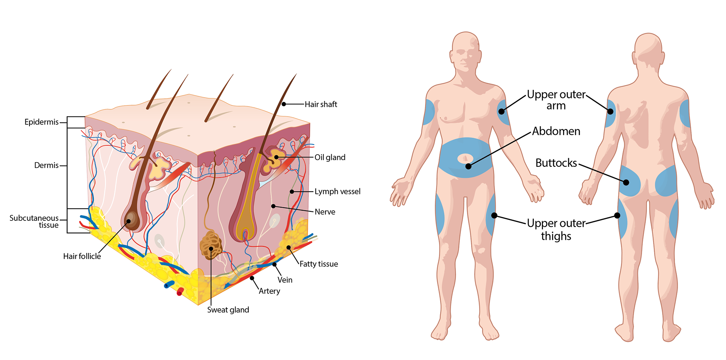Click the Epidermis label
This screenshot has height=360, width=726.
pyautogui.click(x=42, y=122)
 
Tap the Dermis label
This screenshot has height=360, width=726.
pyautogui.click(x=47, y=165)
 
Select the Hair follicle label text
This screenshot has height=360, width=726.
pyautogui.click(x=82, y=256)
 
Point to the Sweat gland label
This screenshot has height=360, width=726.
pyautogui.click(x=228, y=310)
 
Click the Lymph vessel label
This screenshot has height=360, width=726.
pyautogui.click(x=338, y=192)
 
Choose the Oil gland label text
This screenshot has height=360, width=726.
pyautogui.click(x=330, y=157)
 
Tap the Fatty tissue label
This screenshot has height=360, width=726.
pyautogui.click(x=319, y=264)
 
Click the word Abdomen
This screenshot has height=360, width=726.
pyautogui.click(x=556, y=131)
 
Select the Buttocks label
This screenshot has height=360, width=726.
pyautogui.click(x=556, y=163)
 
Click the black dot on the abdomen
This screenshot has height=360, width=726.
pyautogui.click(x=468, y=166)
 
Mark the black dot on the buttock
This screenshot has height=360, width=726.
pyautogui.click(x=626, y=183)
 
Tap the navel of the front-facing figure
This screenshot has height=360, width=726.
pyautogui.click(x=465, y=158)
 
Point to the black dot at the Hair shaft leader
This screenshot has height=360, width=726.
pyautogui.click(x=284, y=104)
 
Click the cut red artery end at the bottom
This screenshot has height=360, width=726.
pyautogui.click(x=180, y=292)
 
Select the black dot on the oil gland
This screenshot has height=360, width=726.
pyautogui.click(x=276, y=157)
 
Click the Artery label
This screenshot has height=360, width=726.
pyautogui.click(x=270, y=291)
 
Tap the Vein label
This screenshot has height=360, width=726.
pyautogui.click(x=285, y=280)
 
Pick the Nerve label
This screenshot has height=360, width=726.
pyautogui.click(x=325, y=212)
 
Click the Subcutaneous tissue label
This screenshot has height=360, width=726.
pyautogui.click(x=34, y=222)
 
